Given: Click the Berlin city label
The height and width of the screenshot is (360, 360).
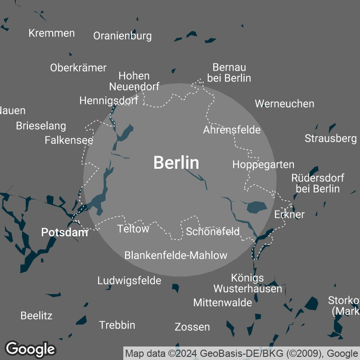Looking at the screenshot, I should [176, 162].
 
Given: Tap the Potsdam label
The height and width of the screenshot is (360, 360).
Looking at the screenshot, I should [64, 232].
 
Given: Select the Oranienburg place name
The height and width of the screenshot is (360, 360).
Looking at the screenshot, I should [122, 36].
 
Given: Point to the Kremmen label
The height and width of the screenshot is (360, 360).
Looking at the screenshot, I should [51, 33].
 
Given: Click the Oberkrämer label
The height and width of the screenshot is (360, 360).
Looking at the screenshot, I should [78, 68].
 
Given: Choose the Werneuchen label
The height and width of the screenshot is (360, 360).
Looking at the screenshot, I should [284, 103].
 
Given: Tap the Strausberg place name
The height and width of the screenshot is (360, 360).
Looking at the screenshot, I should [330, 138].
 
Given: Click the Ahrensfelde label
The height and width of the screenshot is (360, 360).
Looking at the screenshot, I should [232, 130].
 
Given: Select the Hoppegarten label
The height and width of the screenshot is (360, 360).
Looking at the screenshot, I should [263, 165].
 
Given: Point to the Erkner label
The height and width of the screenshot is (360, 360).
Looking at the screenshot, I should [289, 214].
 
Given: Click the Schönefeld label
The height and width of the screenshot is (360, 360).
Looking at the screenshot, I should [212, 232].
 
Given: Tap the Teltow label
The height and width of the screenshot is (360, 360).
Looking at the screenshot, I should [133, 229].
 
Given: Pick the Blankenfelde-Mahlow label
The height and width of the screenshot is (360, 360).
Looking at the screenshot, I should [175, 256].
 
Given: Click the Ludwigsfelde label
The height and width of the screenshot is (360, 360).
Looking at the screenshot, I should [129, 281].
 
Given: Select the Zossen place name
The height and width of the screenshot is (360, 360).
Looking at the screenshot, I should [192, 327].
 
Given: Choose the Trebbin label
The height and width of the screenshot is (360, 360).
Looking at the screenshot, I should [117, 325].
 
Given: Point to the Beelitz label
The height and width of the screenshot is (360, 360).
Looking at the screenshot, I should [36, 315].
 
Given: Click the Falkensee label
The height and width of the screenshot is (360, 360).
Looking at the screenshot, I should [69, 140].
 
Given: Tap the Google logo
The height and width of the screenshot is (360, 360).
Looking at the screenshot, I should [31, 349].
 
